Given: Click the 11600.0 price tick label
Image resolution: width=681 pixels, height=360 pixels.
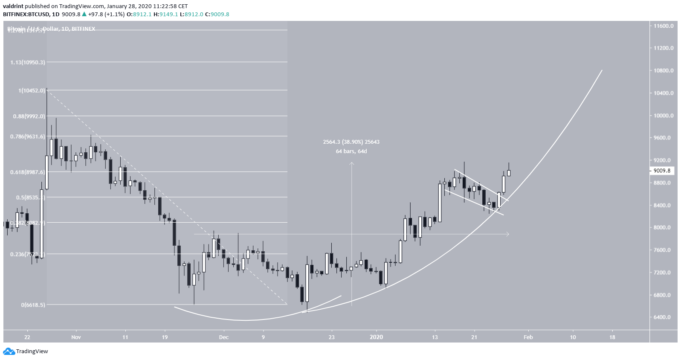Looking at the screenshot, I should [663, 26].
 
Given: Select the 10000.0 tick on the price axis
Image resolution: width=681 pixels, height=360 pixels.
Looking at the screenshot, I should [663, 116].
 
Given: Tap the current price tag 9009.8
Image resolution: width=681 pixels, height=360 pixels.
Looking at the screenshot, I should [662, 171].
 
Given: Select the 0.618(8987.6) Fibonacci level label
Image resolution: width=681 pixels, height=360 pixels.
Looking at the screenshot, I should [27, 172].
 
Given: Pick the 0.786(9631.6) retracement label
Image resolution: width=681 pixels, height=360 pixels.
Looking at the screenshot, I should [27, 136].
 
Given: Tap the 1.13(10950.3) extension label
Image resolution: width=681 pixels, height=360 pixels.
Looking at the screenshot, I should [27, 62].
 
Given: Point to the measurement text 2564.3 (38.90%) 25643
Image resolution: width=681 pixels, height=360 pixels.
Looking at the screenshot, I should [351, 142].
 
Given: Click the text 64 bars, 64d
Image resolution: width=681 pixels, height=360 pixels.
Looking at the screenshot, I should [351, 151].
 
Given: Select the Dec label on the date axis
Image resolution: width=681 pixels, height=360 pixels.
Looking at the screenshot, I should [223, 337].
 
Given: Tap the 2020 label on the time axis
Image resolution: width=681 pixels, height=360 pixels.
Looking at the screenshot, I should [376, 337].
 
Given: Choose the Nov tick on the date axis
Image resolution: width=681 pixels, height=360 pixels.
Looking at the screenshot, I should [76, 337].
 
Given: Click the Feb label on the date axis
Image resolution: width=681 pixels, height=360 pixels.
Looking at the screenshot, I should [528, 337].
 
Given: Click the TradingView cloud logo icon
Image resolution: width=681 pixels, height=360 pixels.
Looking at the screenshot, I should [9, 351].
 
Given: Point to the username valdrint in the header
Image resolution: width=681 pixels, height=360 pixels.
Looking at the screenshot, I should [13, 6].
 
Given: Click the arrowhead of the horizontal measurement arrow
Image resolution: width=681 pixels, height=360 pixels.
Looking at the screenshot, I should [507, 234].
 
